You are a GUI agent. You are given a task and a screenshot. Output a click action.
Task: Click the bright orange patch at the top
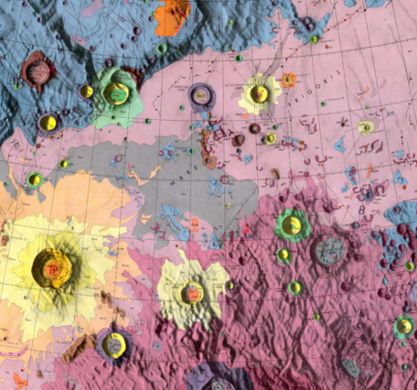point(173,16)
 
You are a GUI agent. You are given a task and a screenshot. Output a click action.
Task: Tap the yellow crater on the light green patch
point(116,92)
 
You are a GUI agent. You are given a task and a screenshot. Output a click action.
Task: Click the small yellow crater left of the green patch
point(87,92)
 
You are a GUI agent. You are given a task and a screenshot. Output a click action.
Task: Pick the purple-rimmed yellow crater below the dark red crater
point(48,122)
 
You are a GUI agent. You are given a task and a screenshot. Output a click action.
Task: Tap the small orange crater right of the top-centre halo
point(289,81)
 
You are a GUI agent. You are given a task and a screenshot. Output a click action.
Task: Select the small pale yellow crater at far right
point(366,127)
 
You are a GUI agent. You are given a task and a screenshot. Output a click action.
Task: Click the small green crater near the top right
point(314,39)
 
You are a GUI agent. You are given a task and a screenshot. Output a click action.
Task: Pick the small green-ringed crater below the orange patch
point(162,48)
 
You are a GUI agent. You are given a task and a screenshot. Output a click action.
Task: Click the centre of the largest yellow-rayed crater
point(50,266)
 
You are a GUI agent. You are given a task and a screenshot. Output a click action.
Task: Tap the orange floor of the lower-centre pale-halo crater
point(192,293)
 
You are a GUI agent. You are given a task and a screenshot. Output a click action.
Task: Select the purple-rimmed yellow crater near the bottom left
point(113,344)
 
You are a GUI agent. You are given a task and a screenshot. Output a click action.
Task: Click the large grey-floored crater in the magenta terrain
point(328,249)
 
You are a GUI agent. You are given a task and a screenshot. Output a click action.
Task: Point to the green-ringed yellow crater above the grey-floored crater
point(293,223)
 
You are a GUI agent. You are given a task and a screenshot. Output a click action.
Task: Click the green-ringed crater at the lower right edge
point(403,326)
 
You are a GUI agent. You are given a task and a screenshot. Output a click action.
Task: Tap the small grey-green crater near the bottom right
point(351,367)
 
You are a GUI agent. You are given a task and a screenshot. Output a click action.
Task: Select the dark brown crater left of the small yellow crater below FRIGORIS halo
point(240,141)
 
